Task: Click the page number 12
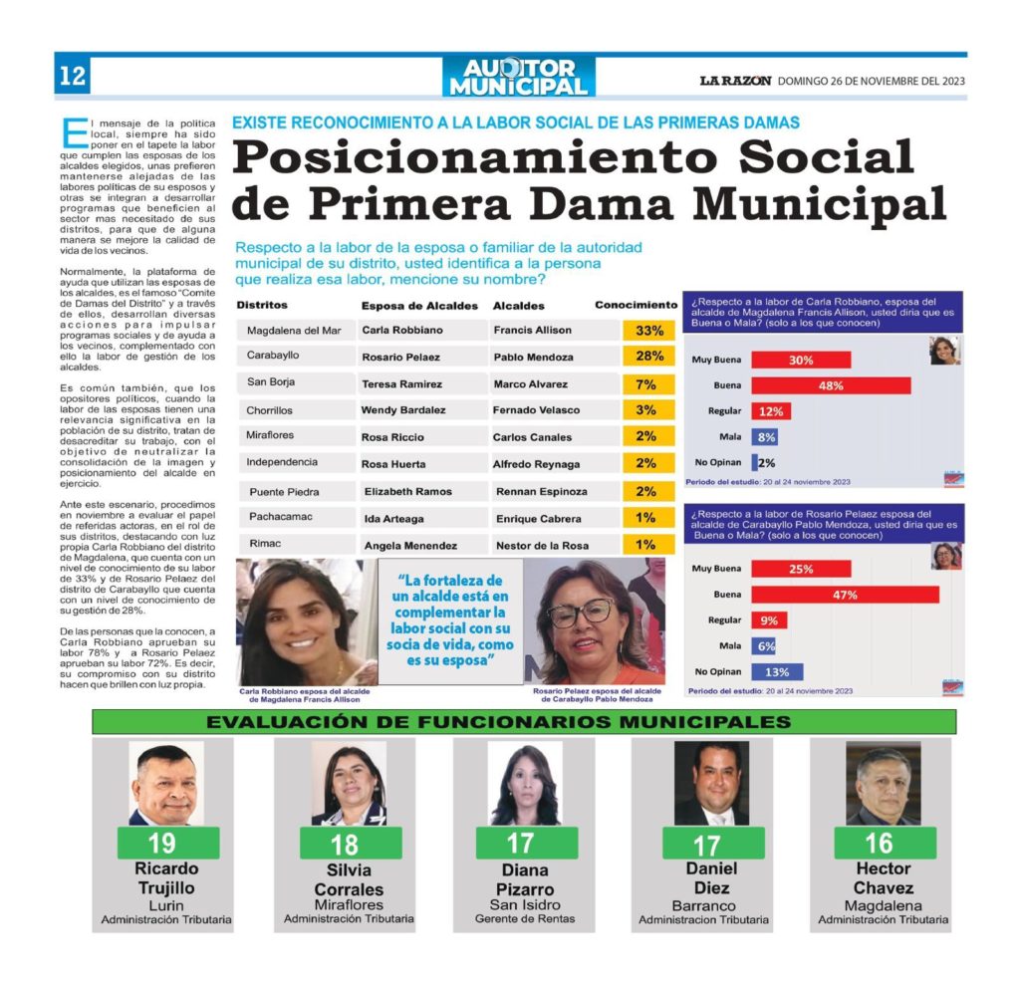click(x=72, y=77)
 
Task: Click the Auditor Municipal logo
click(x=518, y=78)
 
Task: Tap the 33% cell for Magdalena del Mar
click(x=648, y=330)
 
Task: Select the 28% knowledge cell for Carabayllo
click(x=648, y=357)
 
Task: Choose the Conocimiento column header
click(x=636, y=305)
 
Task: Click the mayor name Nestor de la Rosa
click(x=540, y=546)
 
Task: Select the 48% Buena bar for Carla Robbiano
click(x=831, y=385)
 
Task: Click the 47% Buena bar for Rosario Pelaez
click(x=845, y=595)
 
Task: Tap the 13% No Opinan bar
click(x=777, y=671)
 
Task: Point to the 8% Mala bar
click(x=764, y=436)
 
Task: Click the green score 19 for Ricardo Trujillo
click(x=162, y=844)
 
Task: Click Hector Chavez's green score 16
click(x=878, y=844)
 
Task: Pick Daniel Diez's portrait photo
click(x=711, y=783)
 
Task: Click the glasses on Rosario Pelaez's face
click(x=582, y=612)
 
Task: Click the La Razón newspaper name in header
click(x=733, y=81)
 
